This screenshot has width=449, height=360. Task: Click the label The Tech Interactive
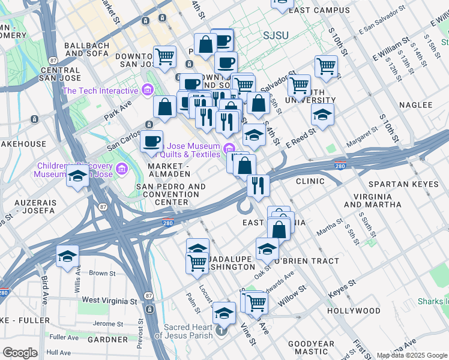click(100, 91)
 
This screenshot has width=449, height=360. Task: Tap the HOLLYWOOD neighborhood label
click(354, 311)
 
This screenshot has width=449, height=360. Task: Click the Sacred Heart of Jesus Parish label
click(188, 331)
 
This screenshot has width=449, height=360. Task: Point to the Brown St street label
click(101, 274)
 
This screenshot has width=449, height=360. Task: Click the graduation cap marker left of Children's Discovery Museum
click(77, 176)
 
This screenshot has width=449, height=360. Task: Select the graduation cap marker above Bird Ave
click(67, 256)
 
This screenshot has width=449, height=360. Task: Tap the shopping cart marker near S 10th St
click(326, 65)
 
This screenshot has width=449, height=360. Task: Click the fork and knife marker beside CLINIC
click(258, 185)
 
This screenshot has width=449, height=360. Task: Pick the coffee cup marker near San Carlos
click(152, 142)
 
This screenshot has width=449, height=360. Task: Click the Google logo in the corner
click(20, 353)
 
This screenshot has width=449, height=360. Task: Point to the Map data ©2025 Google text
click(411, 355)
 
